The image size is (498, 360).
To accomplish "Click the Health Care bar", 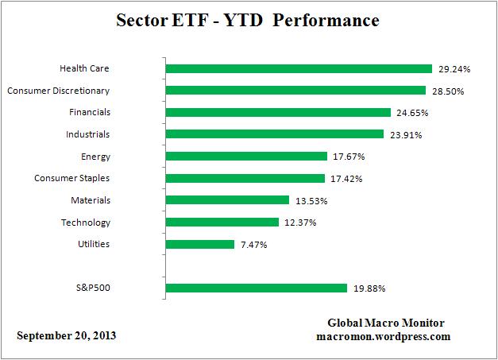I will pos(298,69).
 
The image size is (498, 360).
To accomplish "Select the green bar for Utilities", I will pos(199,245).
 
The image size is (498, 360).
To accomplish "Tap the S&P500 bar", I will pos(256,288).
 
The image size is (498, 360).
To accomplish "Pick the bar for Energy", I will pos(246,157).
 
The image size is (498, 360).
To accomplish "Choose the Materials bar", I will pos(227,200).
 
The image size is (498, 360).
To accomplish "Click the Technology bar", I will pos(222,223).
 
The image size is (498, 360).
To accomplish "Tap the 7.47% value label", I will pos(253,245).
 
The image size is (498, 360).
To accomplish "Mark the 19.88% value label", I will pos(368,288).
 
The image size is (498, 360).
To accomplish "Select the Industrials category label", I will pos(88,134).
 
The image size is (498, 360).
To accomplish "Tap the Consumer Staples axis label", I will pos(72,178).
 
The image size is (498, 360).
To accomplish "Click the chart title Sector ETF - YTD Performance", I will pos(249,20).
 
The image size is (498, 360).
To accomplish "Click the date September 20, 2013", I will pos(67,335).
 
